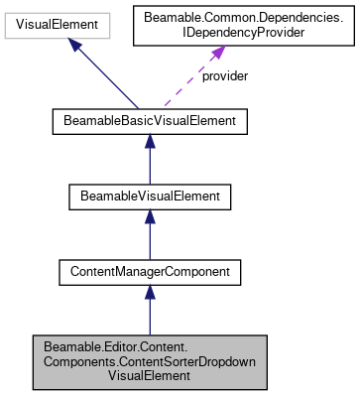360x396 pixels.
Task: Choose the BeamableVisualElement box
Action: (x=149, y=197)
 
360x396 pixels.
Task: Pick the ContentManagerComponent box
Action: (x=149, y=270)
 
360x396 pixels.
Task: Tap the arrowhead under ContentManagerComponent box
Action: (x=149, y=292)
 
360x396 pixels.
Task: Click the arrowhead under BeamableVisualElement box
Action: (x=149, y=218)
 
